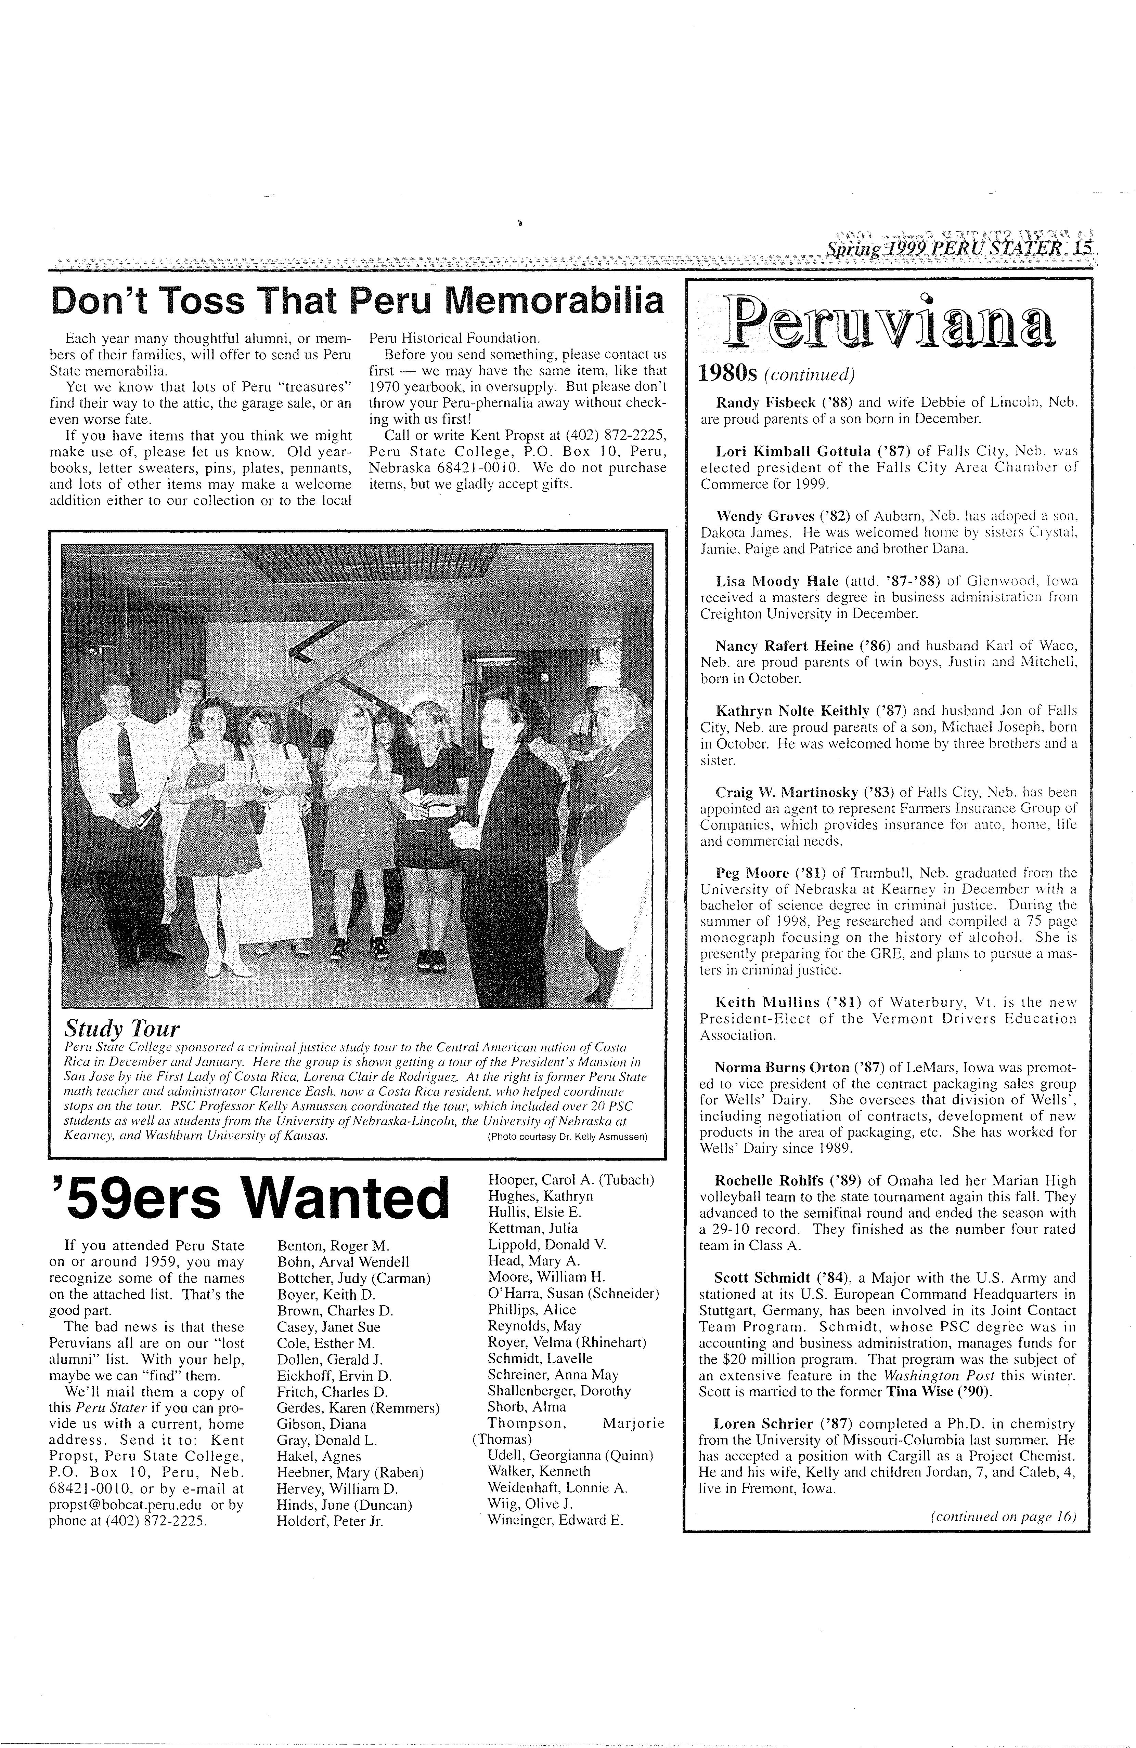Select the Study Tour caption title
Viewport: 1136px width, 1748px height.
[x=122, y=1028]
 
